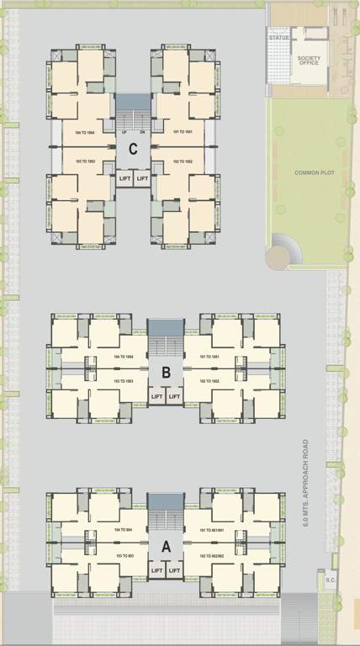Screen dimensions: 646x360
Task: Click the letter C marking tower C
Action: (x=132, y=150)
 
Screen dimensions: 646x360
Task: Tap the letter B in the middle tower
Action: (x=166, y=371)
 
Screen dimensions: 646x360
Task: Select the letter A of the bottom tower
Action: (x=166, y=546)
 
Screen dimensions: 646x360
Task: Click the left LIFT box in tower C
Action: (x=124, y=178)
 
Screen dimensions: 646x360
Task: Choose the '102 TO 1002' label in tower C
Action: (x=183, y=160)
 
